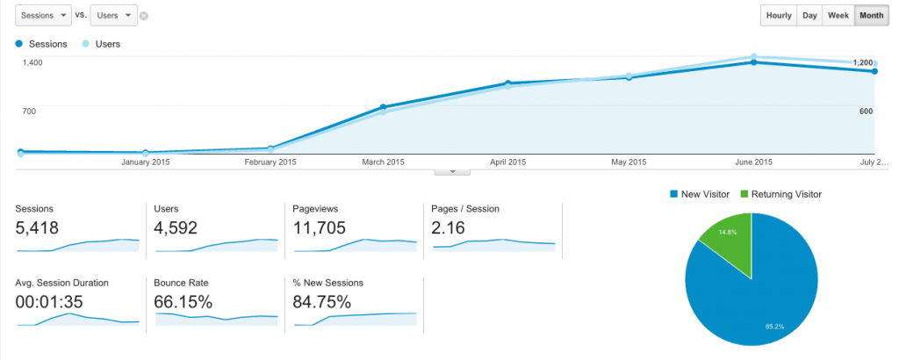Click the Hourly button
[x=779, y=16]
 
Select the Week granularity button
[x=838, y=16]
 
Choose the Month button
[x=871, y=16]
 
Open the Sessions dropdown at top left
[x=42, y=16]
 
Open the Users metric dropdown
[x=113, y=16]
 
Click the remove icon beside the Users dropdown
[x=144, y=16]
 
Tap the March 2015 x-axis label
[x=384, y=162]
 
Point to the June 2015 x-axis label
[x=752, y=162]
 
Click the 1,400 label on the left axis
[x=32, y=62]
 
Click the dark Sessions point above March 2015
[x=384, y=107]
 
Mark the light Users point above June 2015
[x=752, y=57]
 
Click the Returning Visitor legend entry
[x=781, y=193]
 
